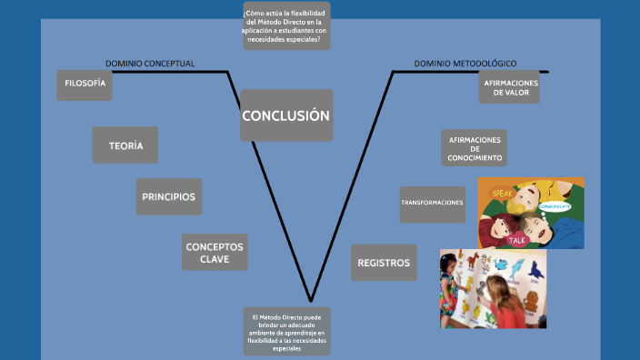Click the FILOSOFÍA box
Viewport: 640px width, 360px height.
click(x=85, y=85)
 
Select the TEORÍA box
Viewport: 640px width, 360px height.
click(x=125, y=145)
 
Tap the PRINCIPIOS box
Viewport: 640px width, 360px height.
click(x=169, y=196)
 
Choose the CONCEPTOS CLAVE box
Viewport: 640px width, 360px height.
click(x=215, y=253)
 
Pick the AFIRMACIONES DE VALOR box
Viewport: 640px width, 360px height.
click(x=510, y=87)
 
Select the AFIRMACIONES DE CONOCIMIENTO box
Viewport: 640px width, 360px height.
click(x=474, y=148)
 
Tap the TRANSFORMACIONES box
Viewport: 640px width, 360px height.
click(x=432, y=203)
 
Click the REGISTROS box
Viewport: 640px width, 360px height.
click(x=384, y=263)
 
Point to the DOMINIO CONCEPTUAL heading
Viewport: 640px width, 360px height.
click(x=150, y=64)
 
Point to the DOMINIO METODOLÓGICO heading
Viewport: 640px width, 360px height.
click(x=465, y=64)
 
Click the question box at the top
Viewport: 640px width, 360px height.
click(x=286, y=25)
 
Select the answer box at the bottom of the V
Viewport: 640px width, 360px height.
click(x=286, y=332)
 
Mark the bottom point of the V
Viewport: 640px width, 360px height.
click(x=312, y=300)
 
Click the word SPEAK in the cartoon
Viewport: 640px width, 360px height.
click(x=501, y=194)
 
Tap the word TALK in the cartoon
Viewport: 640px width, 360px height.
click(x=516, y=240)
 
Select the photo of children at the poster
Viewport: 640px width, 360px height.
click(x=493, y=288)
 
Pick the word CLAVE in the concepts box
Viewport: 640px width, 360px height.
click(x=215, y=259)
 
